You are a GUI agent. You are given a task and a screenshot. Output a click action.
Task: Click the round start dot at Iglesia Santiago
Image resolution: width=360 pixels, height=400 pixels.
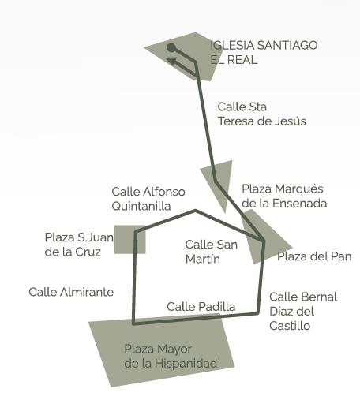171,48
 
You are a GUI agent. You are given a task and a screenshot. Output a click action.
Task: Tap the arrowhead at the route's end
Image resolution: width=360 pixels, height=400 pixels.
171,61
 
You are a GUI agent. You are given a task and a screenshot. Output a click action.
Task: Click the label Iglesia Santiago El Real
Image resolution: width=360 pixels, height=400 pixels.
264,52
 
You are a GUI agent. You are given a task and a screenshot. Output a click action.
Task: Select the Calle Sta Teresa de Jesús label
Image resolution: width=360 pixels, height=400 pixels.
261,114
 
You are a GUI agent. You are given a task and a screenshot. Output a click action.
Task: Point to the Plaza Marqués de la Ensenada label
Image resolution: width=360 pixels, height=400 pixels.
284,196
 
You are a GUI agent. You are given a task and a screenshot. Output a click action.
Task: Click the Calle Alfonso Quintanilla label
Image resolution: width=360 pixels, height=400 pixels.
148,199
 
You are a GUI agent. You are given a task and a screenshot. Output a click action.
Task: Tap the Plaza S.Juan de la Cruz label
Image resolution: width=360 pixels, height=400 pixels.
79,245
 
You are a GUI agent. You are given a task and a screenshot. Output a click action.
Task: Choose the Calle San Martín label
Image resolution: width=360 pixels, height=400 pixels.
212,252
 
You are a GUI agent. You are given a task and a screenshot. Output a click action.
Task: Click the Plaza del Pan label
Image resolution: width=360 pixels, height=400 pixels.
314,256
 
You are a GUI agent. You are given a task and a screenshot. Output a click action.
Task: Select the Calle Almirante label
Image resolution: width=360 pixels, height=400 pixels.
71,292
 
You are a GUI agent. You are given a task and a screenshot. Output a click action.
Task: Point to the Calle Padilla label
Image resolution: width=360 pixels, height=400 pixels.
201,307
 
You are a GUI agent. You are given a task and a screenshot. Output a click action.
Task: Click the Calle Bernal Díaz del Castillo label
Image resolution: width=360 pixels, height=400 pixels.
303,312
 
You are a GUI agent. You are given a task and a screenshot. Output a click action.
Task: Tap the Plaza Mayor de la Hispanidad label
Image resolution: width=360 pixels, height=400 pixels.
171,356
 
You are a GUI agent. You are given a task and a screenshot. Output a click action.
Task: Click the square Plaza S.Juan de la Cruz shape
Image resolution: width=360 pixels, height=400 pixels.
129,240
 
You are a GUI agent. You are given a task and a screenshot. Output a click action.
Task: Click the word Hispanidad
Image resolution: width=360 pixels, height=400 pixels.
186,363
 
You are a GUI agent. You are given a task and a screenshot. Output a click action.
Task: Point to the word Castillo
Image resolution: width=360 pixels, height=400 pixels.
290,326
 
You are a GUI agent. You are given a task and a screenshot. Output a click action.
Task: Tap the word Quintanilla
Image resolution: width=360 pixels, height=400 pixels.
141,206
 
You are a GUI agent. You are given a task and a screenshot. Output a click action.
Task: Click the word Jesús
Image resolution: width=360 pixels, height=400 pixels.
291,121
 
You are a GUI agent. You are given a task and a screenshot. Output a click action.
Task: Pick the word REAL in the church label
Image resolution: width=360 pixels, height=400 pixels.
242,60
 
